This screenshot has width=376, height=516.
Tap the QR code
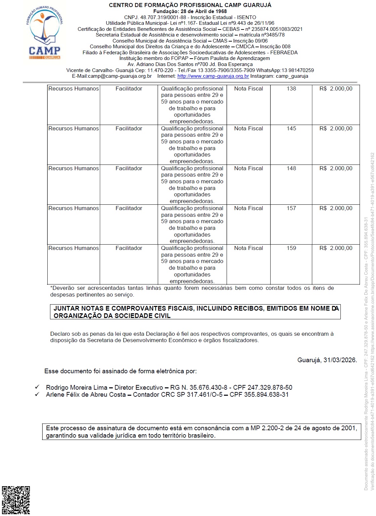point(16,500)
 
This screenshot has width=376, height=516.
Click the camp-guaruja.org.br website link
point(213,76)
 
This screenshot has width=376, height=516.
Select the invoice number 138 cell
point(291,89)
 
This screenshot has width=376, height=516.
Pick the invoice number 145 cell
point(291,129)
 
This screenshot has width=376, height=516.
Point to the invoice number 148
point(291,169)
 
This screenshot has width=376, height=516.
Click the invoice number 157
point(291,208)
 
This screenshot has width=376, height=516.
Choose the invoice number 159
point(291,248)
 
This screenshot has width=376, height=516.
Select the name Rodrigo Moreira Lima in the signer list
point(77,388)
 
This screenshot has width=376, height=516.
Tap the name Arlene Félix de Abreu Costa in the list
point(86,395)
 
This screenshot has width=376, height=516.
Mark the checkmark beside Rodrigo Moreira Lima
point(37,387)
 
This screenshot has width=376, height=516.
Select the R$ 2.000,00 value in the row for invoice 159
point(336,248)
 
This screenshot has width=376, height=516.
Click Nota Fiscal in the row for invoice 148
point(248,169)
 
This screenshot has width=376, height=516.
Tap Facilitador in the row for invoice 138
point(129,89)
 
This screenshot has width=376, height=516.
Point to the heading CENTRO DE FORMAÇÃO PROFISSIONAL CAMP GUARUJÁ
point(190,5)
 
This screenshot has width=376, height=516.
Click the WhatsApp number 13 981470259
point(297,70)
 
